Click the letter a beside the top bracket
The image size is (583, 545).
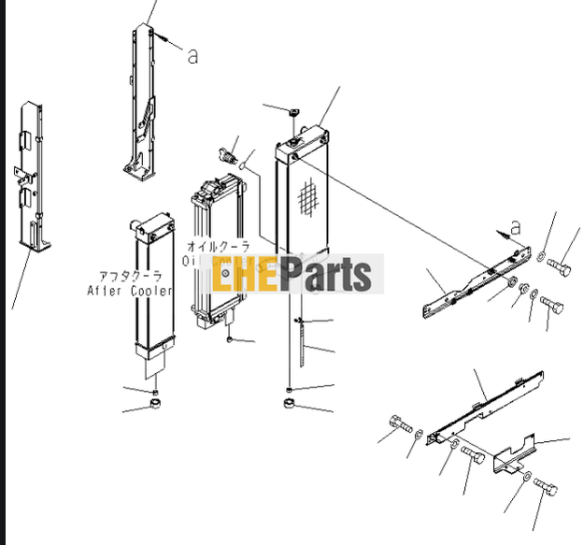pos(192,56)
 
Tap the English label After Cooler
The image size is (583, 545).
pos(130,291)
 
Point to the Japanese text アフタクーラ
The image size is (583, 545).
pos(131,276)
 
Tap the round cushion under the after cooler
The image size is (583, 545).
pos(153,405)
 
